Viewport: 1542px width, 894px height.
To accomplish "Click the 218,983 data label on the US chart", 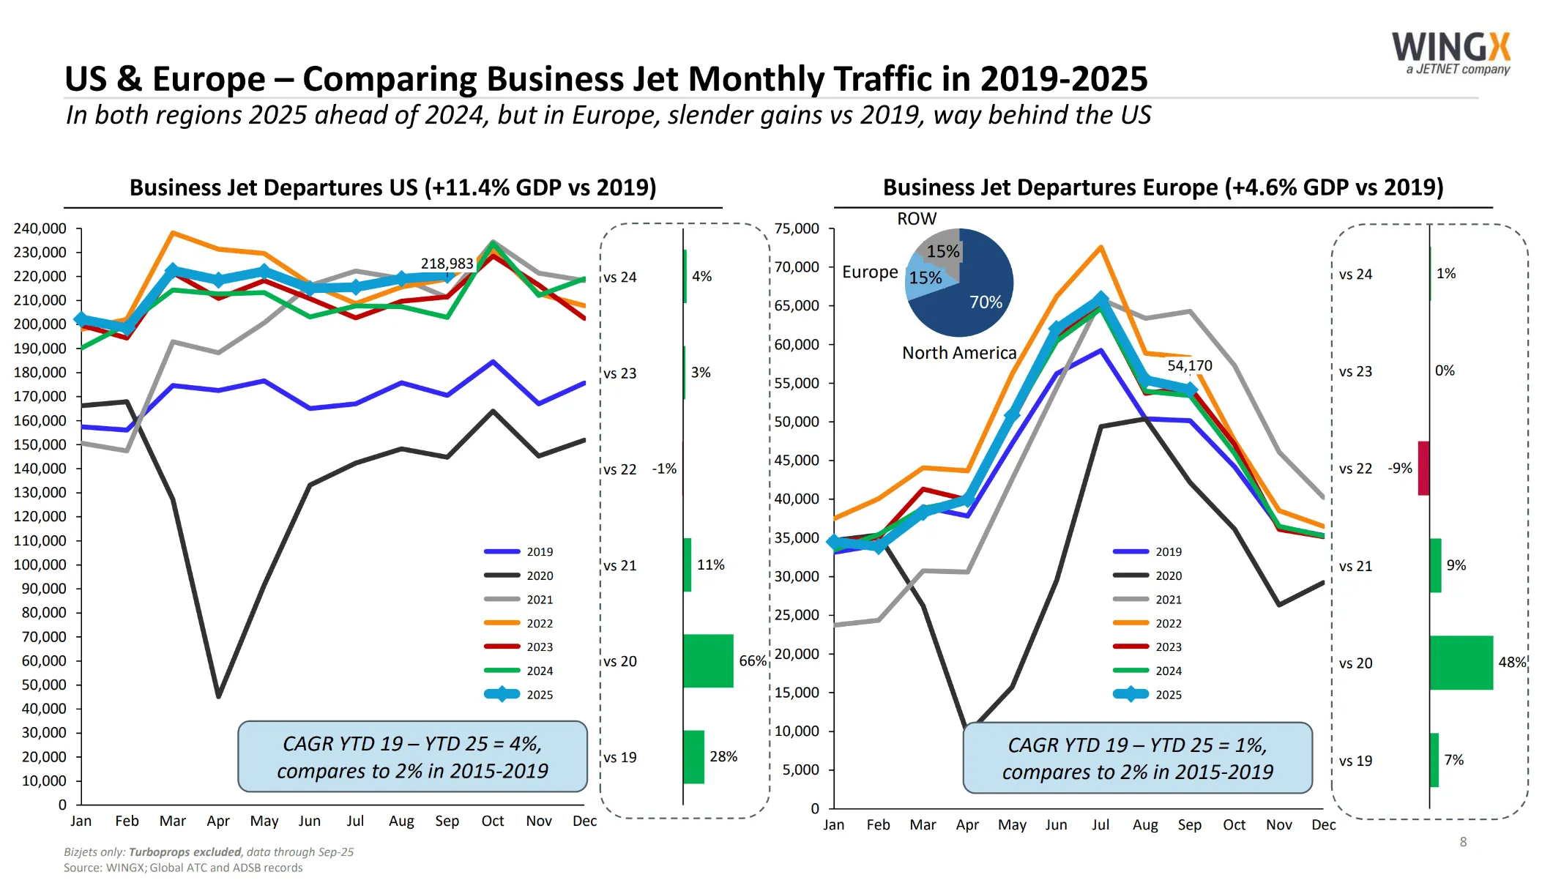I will tap(447, 264).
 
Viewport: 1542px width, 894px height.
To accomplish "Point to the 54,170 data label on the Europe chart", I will tap(1190, 365).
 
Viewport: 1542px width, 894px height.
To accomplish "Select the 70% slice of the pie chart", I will tap(981, 300).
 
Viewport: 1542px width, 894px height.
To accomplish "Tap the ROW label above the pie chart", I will tap(917, 219).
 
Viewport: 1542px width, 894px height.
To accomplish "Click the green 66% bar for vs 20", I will tap(708, 660).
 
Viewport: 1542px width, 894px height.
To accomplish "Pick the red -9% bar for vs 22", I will tap(1423, 468).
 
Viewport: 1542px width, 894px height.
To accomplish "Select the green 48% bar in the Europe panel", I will tap(1461, 663).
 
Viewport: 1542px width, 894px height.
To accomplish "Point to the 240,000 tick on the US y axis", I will tap(40, 228).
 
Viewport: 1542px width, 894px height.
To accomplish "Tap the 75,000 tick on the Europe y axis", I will tap(797, 228).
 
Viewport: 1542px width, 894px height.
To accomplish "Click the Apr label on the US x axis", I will tap(218, 821).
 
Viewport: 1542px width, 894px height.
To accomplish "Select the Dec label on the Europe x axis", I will tap(1323, 824).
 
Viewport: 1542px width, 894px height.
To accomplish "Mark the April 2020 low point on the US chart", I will tap(218, 696).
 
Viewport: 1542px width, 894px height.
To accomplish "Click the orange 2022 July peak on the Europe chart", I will tap(1100, 247).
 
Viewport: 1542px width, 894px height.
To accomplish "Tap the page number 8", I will tap(1463, 842).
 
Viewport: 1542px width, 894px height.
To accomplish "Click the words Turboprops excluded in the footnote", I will tap(185, 852).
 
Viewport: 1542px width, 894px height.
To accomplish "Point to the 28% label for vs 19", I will tap(723, 756).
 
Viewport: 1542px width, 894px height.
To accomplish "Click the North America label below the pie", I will tap(959, 353).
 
